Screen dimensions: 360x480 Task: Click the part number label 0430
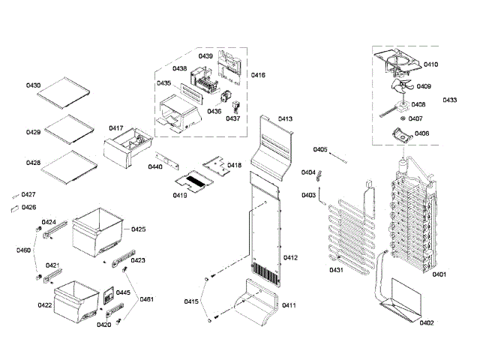coord(34,86)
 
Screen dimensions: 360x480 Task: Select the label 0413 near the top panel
coord(286,119)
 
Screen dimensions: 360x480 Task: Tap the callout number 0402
coord(427,322)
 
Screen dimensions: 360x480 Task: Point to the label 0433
coord(450,100)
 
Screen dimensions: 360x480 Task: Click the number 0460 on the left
coord(23,250)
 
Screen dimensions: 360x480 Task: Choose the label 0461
coord(146,300)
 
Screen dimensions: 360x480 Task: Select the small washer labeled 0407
coord(403,118)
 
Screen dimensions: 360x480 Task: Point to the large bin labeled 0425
coord(97,232)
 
